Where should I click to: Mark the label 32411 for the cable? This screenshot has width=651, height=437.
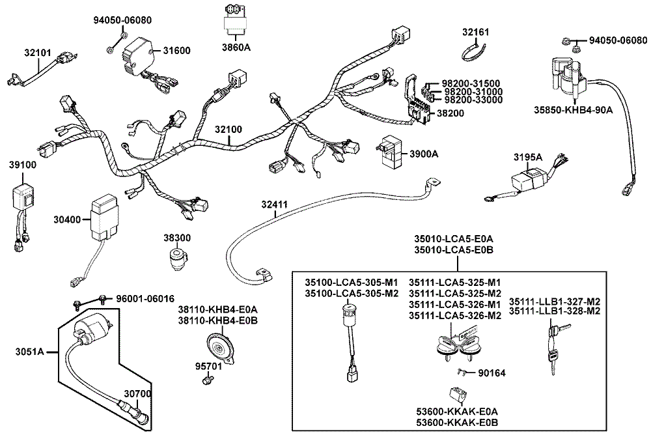[274, 204]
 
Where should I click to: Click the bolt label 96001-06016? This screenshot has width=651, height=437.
[145, 299]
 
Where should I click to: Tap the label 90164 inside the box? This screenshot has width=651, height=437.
[492, 373]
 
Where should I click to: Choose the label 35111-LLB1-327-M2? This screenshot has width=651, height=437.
[554, 302]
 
